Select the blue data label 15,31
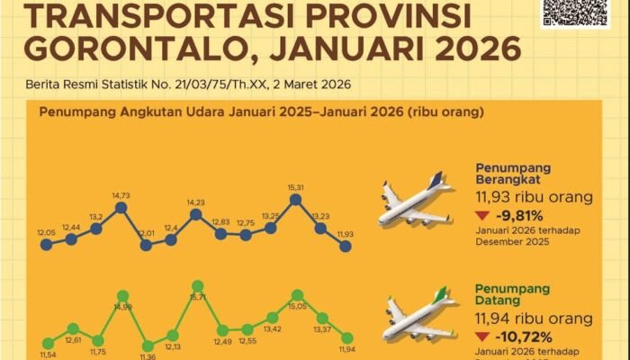coord(296,186)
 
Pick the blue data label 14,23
coord(195,202)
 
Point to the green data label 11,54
coord(47,356)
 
